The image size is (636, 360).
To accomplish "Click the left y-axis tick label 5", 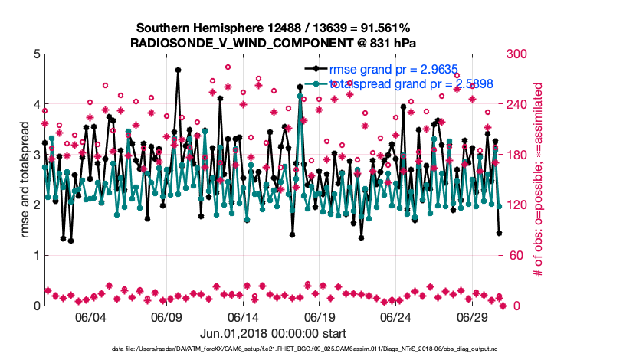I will [37, 54].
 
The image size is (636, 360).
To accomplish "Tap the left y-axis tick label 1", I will [37, 255].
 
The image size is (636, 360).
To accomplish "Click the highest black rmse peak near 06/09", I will [178, 70].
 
